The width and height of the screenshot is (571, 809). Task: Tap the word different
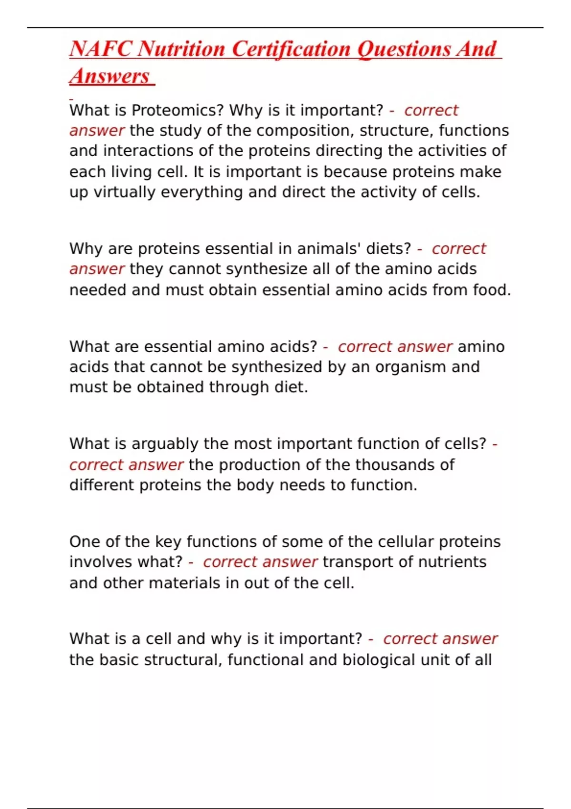(102, 485)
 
